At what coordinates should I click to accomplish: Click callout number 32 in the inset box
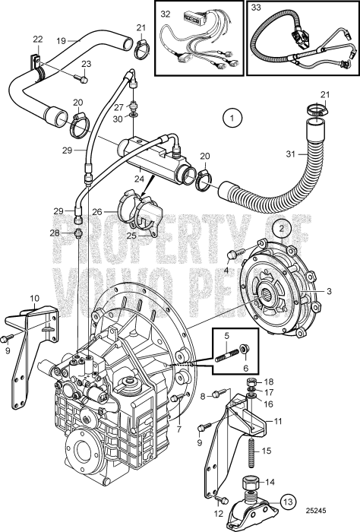166,14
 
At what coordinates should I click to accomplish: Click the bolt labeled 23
84,78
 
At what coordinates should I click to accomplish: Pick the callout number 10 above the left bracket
34,298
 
